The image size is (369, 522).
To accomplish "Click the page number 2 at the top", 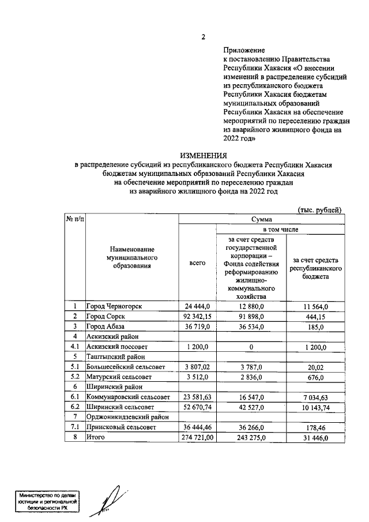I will click(x=203, y=38).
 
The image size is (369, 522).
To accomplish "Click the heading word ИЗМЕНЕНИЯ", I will click(x=203, y=155).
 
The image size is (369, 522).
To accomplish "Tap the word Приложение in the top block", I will click(x=242, y=50).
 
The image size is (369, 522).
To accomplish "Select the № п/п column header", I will click(x=74, y=219).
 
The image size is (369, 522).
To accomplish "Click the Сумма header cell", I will click(x=261, y=219).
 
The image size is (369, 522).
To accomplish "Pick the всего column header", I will click(x=197, y=262).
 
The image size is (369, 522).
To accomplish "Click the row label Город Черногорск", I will click(x=114, y=306).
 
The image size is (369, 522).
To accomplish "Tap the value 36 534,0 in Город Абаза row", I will click(x=251, y=326).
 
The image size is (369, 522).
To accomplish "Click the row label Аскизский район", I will click(x=112, y=336).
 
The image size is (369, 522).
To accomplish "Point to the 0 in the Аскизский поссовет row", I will click(x=251, y=347).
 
